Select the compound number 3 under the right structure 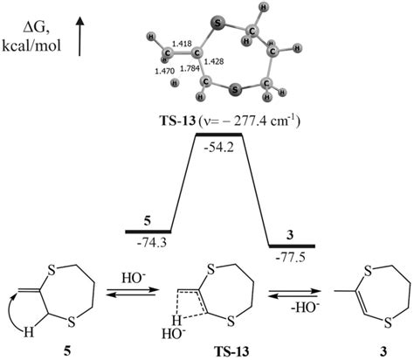click(368, 350)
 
